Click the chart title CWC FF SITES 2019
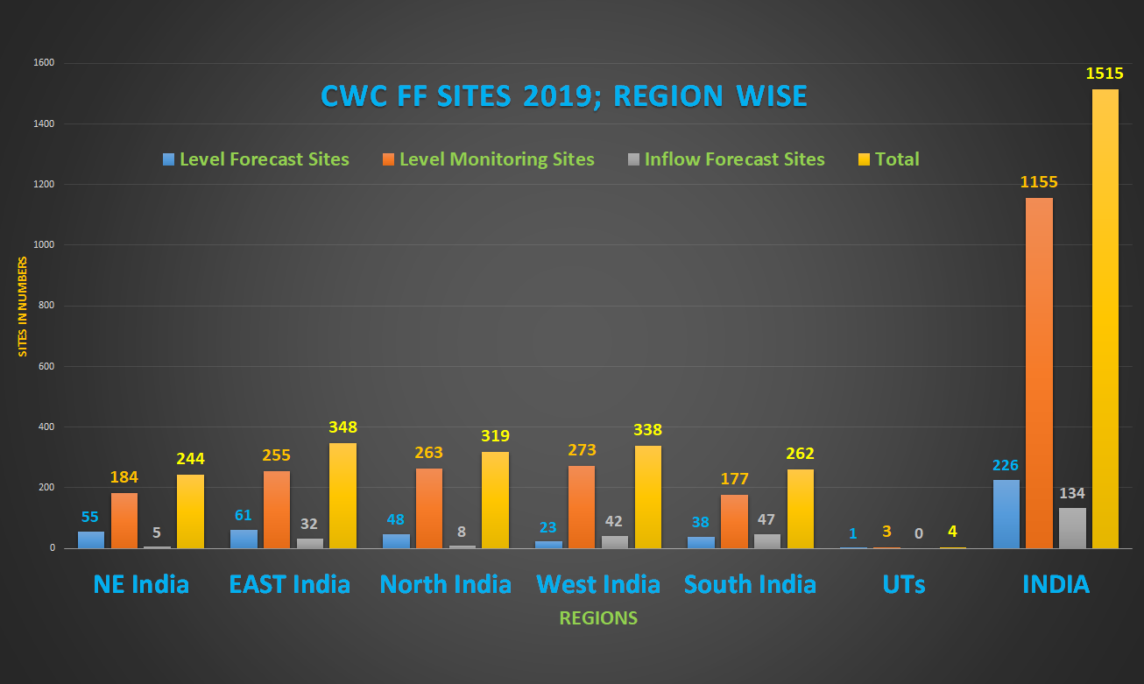[x=563, y=95]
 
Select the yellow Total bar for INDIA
[x=1105, y=320]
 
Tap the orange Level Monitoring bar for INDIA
[x=1039, y=373]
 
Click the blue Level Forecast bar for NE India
[x=90, y=539]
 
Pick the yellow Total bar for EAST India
[x=342, y=496]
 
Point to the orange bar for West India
[x=582, y=507]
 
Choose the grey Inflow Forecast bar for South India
[x=766, y=541]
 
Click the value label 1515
[x=1105, y=74]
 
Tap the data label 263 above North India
[x=428, y=453]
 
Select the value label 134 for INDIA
[x=1072, y=493]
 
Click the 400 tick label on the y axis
[x=46, y=427]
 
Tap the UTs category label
[x=904, y=584]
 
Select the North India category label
[x=445, y=584]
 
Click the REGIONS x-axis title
[x=598, y=618]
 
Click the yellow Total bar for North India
[x=495, y=500]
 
